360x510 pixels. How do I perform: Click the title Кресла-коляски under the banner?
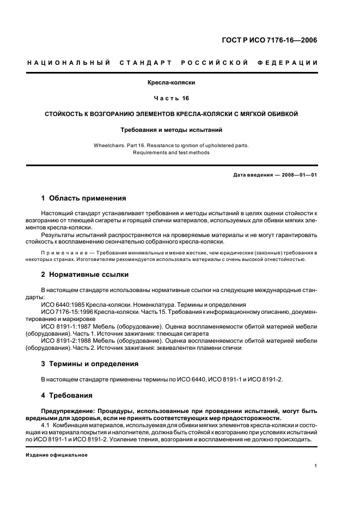172,83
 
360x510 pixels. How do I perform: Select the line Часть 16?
172,99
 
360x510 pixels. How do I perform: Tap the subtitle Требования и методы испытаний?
172,130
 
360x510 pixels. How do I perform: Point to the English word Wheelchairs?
111,145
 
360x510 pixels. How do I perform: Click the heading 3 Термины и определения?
90,363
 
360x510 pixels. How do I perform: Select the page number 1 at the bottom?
316,466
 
